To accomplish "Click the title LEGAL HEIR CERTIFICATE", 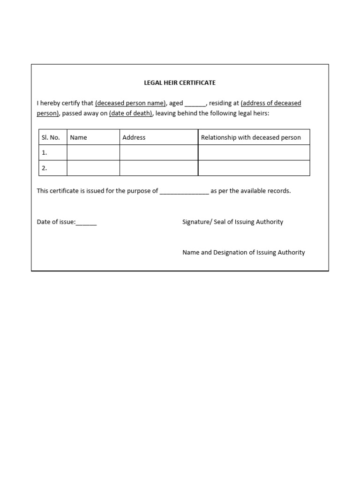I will [x=180, y=82].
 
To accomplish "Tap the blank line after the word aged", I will [x=195, y=104].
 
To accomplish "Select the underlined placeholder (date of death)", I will [x=131, y=113].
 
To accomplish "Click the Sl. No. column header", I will [x=51, y=137].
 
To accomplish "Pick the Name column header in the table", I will [x=78, y=137].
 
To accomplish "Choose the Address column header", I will [x=134, y=137].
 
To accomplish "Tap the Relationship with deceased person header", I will [x=251, y=137].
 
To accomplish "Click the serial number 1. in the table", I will [x=45, y=153].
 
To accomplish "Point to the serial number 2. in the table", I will [x=45, y=168].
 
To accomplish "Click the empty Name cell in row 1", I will [x=93, y=153].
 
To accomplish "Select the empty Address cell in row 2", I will [x=159, y=168].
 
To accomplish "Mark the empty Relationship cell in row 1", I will [x=254, y=153].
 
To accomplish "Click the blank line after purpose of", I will [x=184, y=191].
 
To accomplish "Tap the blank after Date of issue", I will [x=86, y=223].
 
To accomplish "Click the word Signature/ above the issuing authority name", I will [x=197, y=222].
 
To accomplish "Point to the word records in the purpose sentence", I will [x=279, y=191].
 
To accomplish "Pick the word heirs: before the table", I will [x=260, y=113].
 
